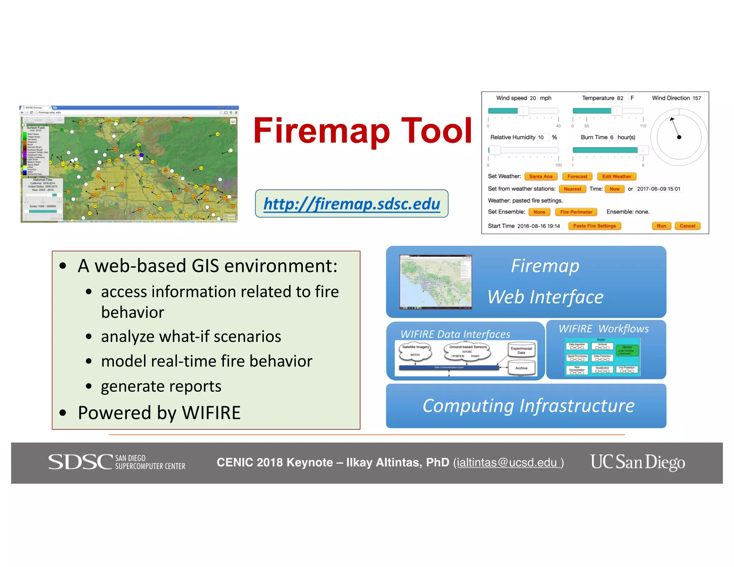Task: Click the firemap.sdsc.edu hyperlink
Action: (x=352, y=204)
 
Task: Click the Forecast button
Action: (x=577, y=176)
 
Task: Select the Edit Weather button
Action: (x=616, y=176)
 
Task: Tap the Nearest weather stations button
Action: (x=572, y=189)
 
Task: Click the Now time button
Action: (x=614, y=189)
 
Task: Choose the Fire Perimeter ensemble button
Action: (x=576, y=212)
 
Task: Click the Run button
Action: (x=661, y=226)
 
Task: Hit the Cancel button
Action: (x=687, y=226)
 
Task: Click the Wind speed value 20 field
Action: (x=533, y=98)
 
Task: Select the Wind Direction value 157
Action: (x=697, y=98)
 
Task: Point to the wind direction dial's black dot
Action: (x=679, y=137)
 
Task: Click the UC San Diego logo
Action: (x=638, y=462)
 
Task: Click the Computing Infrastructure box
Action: (x=526, y=406)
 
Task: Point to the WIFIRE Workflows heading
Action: (x=604, y=329)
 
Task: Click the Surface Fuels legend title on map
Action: (x=36, y=128)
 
